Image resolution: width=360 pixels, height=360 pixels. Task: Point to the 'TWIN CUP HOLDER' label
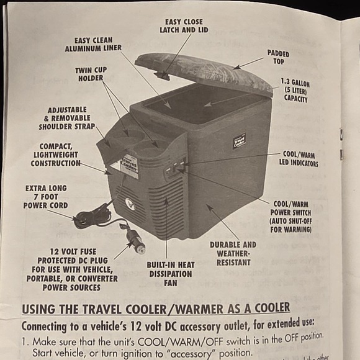[x=91, y=74]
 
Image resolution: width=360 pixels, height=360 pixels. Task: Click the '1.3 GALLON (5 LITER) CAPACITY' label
[x=295, y=91]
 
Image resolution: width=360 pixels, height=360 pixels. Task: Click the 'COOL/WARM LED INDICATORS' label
[x=300, y=159]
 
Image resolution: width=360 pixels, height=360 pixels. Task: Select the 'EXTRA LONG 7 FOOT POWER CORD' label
[x=46, y=196]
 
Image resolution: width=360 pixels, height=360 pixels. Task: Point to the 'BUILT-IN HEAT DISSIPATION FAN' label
[x=170, y=274]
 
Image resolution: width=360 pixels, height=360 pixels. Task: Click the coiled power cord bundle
[x=92, y=217]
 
